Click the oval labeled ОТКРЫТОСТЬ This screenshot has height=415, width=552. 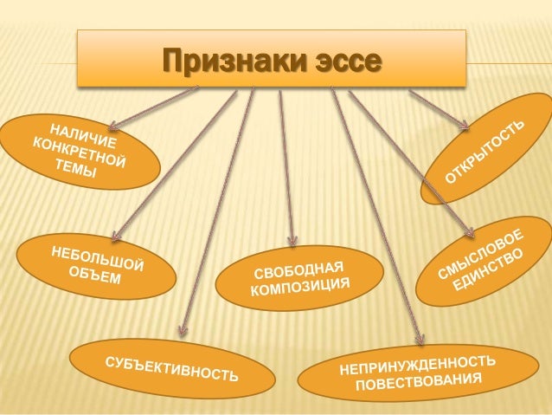485,156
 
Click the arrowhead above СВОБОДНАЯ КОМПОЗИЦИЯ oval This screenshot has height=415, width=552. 294,243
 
